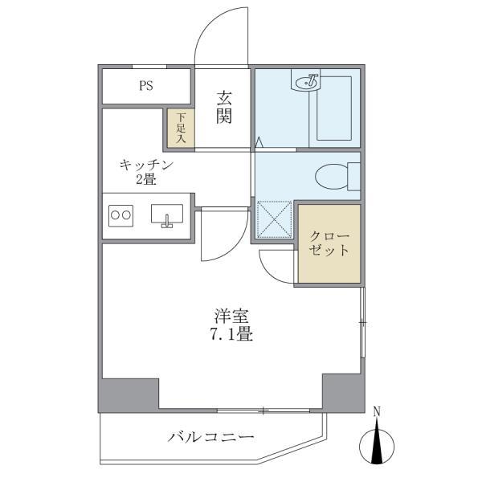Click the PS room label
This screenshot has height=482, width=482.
pos(146,85)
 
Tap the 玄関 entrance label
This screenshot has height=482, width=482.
pos(224,108)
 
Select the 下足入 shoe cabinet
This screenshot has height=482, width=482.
pos(181,129)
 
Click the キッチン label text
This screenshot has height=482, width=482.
pos(147,165)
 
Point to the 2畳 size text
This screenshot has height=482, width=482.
pos(146,179)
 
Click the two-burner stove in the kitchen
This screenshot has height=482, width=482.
pos(120,215)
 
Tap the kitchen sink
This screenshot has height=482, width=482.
pos(167,215)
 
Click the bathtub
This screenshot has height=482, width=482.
pos(334,108)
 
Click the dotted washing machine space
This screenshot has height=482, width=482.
pos(274,219)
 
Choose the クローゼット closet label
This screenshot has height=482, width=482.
pos(329,243)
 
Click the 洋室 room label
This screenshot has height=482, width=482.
pos(231,316)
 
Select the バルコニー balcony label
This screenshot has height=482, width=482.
pos(210,437)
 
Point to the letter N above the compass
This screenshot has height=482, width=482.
pos(377,411)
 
